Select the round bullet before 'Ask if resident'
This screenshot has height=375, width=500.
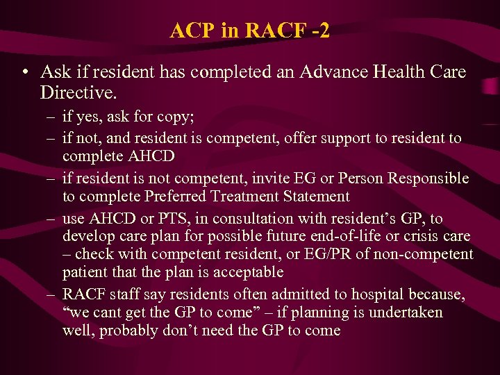coord(26,72)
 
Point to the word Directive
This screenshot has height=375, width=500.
coord(76,91)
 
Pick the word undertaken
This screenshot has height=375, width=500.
coord(406,312)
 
